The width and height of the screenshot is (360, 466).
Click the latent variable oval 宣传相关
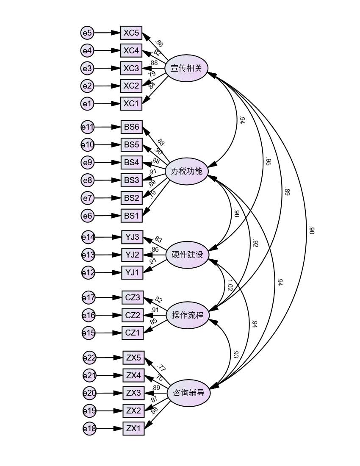pyautogui.click(x=186, y=68)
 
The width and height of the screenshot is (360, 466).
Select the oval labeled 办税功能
pyautogui.click(x=186, y=172)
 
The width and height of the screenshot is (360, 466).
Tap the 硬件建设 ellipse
pyautogui.click(x=187, y=255)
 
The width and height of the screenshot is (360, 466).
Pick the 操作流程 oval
pyautogui.click(x=188, y=315)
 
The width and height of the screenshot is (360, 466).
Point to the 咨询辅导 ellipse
pyautogui.click(x=188, y=393)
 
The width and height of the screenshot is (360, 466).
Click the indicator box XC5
pyautogui.click(x=131, y=33)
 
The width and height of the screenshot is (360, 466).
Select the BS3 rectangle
pyautogui.click(x=131, y=180)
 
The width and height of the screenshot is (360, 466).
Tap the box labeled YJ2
pyautogui.click(x=132, y=255)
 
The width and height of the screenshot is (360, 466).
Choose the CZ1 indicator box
pyautogui.click(x=133, y=333)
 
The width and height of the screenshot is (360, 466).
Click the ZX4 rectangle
pyautogui.click(x=133, y=375)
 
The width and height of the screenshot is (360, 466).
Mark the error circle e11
pyautogui.click(x=88, y=127)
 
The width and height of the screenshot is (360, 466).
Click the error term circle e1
pyautogui.click(x=87, y=103)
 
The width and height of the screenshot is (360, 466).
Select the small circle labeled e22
pyautogui.click(x=89, y=358)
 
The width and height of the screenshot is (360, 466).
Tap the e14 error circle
pyautogui.click(x=88, y=237)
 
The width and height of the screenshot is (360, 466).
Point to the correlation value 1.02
pyautogui.click(x=230, y=285)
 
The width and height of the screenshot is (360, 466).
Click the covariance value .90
pyautogui.click(x=311, y=231)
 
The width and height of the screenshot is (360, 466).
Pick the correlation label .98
pyautogui.click(x=236, y=214)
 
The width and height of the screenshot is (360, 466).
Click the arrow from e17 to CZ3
pyautogui.click(x=108, y=298)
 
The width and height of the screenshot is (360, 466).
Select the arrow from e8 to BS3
pyautogui.click(x=107, y=180)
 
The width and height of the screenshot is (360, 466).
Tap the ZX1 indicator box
pyautogui.click(x=133, y=429)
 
